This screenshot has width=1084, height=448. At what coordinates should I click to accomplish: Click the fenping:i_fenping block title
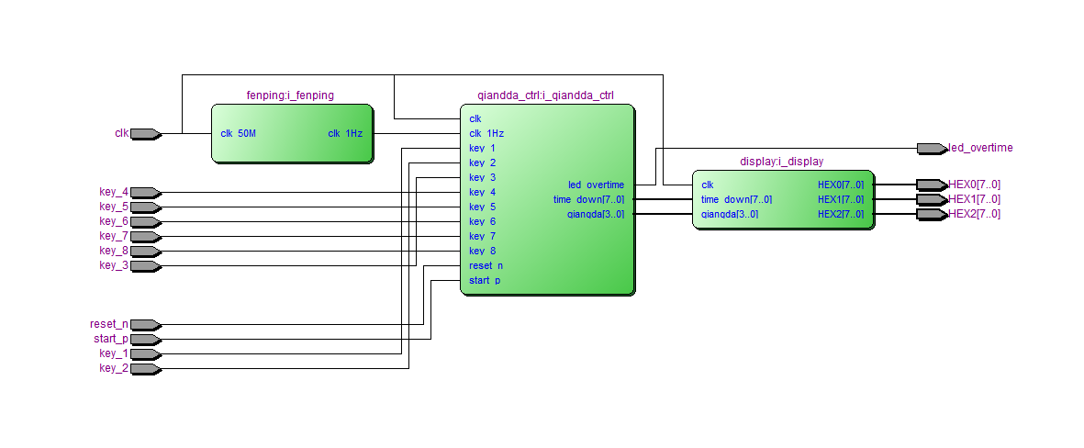click(x=290, y=95)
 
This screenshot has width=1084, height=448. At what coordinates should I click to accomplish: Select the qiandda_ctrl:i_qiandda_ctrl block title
click(x=545, y=95)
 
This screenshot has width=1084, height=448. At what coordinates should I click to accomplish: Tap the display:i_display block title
click(x=781, y=162)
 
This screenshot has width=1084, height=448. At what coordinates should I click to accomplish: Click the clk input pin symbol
click(x=145, y=134)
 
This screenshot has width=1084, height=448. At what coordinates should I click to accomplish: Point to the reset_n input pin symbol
click(x=145, y=325)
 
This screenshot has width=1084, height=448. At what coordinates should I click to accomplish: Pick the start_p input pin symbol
click(x=145, y=340)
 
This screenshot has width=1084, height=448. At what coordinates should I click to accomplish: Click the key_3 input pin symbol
click(x=145, y=266)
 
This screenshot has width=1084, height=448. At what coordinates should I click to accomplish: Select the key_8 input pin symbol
click(x=145, y=252)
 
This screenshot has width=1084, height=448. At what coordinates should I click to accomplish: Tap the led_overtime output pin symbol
click(x=931, y=149)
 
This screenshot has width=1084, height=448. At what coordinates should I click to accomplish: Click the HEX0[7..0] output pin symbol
click(x=931, y=185)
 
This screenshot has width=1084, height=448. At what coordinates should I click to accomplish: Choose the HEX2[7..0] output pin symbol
click(x=931, y=215)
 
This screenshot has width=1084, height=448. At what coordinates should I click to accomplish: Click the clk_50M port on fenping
click(x=239, y=134)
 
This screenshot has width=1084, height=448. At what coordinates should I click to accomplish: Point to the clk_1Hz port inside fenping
click(x=345, y=134)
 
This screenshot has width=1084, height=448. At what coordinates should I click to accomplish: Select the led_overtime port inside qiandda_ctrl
click(x=596, y=185)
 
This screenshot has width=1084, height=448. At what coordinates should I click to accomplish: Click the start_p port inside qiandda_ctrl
click(x=485, y=281)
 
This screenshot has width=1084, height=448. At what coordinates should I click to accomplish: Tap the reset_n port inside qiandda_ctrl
click(x=486, y=266)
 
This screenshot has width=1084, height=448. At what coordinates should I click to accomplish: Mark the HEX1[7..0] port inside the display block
click(x=841, y=200)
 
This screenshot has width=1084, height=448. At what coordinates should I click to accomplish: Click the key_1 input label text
click(x=114, y=354)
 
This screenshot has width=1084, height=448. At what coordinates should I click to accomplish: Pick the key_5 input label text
click(x=114, y=207)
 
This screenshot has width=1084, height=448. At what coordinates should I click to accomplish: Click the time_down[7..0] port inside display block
click(x=736, y=200)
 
